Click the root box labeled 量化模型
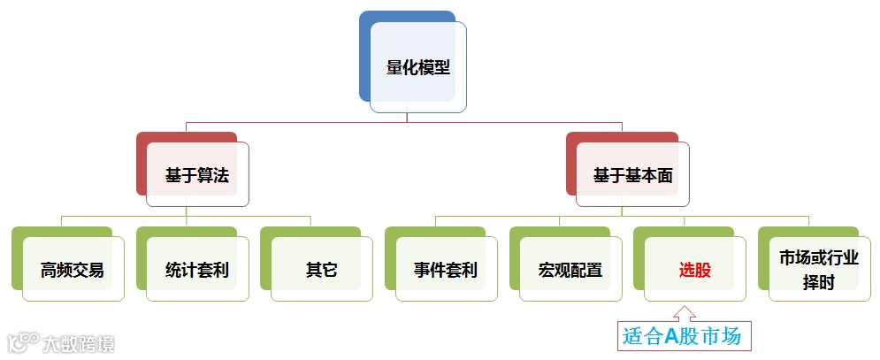[x=418, y=67]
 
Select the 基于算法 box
[x=197, y=175]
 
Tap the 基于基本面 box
[x=633, y=175]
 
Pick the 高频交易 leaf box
[x=73, y=270]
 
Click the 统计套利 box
[x=197, y=270]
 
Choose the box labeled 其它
[x=321, y=270]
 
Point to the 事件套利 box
[x=446, y=270]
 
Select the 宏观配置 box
[x=570, y=270]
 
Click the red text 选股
[x=694, y=270]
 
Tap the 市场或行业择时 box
[x=819, y=270]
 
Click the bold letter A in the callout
[x=671, y=336]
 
